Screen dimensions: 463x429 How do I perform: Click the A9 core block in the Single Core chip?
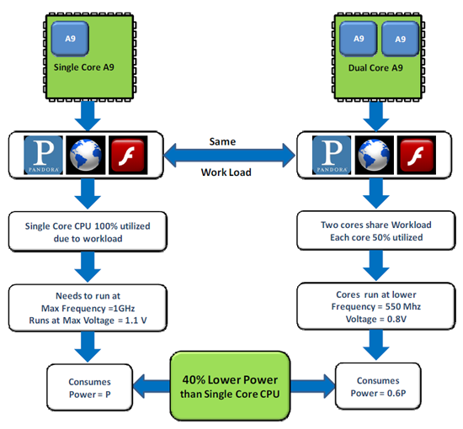coord(70,39)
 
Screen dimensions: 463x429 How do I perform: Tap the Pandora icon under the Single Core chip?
coord(43,155)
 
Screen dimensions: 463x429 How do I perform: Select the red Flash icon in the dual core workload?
coord(417,155)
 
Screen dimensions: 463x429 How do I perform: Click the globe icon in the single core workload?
coord(86,155)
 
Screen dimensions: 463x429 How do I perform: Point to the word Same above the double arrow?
coord(222,141)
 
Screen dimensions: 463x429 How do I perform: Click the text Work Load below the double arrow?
coord(226,172)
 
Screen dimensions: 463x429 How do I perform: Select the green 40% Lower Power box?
coord(230,386)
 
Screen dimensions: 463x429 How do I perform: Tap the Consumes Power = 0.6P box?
coord(378,386)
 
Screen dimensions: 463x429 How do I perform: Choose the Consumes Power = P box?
coord(90,388)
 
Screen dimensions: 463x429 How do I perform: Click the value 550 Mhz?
coord(403,306)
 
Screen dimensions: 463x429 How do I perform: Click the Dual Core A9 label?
coord(375,68)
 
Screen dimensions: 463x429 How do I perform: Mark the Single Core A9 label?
coord(84,67)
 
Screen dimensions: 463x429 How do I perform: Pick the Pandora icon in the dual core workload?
coord(332,155)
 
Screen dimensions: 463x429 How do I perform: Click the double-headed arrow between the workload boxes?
coord(230,155)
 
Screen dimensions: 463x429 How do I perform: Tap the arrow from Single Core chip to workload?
coord(88,115)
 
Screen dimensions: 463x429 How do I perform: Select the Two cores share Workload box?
coord(376,230)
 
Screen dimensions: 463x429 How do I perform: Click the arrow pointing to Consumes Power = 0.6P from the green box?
coord(313,386)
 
